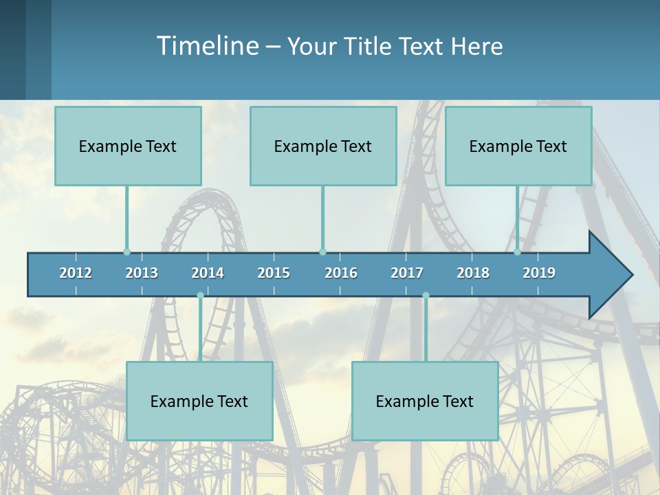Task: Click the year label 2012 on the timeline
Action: click(76, 273)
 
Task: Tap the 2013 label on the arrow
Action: click(142, 273)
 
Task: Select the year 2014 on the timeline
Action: click(208, 273)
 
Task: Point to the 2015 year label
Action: click(274, 273)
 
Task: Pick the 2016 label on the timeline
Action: click(341, 273)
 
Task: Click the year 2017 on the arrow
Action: click(407, 273)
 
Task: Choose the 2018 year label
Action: click(473, 273)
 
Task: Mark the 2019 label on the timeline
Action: click(539, 273)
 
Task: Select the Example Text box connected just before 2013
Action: click(128, 146)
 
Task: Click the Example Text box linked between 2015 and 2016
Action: click(323, 146)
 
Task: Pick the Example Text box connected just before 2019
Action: click(518, 146)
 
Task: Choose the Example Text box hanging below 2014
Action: click(199, 401)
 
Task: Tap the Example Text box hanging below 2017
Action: click(425, 401)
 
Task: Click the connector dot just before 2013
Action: click(126, 252)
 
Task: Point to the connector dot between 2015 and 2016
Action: click(322, 252)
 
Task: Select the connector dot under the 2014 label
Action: click(200, 296)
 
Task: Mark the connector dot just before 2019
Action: click(518, 252)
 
